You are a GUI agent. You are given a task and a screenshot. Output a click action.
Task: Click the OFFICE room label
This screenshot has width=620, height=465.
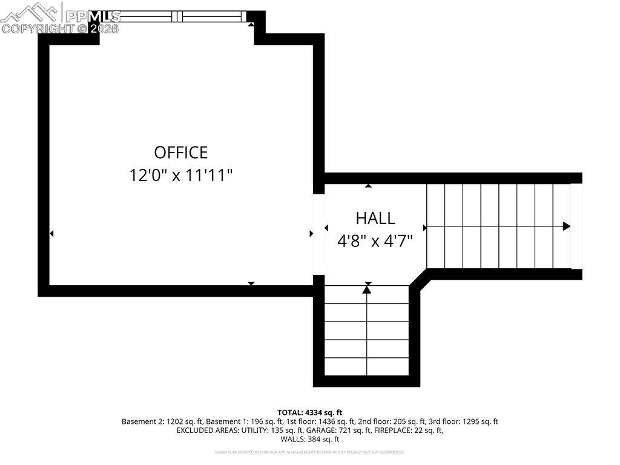pos(180,152)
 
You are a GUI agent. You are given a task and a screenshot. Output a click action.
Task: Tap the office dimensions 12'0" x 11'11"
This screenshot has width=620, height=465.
pos(180,176)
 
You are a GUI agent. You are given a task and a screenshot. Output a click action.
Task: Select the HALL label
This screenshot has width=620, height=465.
pos(375,218)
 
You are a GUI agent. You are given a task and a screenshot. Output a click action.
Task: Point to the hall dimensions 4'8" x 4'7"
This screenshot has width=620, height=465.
pos(375,241)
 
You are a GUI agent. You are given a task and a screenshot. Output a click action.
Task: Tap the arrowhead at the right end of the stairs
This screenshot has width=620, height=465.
pos(567,226)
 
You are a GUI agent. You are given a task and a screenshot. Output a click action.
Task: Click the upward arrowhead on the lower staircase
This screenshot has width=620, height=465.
pos(367,289)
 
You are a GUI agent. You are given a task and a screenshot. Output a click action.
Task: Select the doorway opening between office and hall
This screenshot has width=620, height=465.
pos(318,234)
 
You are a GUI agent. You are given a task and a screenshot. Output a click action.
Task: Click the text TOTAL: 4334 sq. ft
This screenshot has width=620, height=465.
pos(310,412)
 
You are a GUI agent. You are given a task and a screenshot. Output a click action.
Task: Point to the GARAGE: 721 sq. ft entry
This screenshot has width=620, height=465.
pos(358,430)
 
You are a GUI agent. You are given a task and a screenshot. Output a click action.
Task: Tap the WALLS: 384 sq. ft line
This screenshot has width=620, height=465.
pos(310,440)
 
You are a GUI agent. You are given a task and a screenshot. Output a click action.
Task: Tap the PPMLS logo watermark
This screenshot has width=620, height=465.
pos(61,18)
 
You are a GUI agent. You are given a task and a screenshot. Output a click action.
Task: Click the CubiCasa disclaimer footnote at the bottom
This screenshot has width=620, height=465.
pos(310,452)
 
